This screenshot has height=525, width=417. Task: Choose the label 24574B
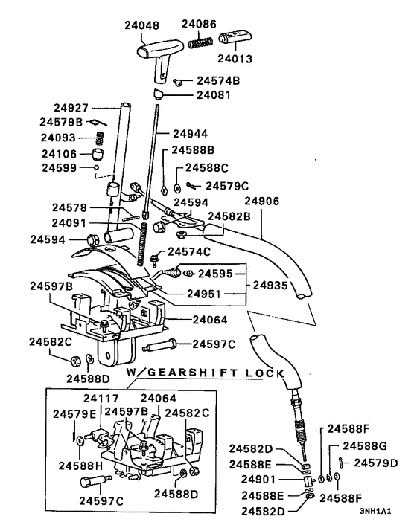(x=218, y=80)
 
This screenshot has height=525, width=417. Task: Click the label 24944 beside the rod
(x=193, y=134)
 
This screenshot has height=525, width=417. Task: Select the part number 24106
(x=60, y=153)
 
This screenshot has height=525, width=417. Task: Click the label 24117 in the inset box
(x=105, y=397)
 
